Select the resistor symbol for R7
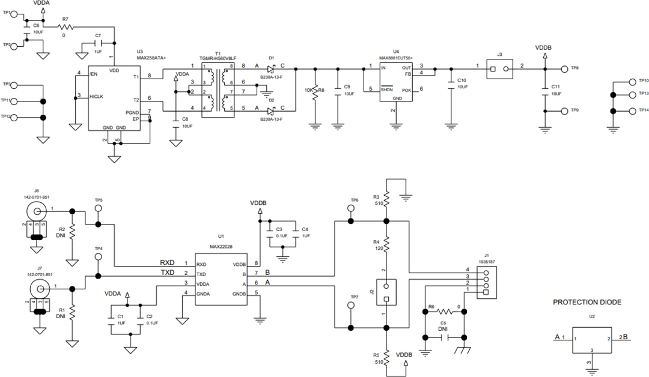pos(66,27)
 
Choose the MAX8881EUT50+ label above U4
pos(395,58)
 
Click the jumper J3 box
pos(500,69)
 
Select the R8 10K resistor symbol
pos(314,91)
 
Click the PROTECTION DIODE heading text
pos(587,302)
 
